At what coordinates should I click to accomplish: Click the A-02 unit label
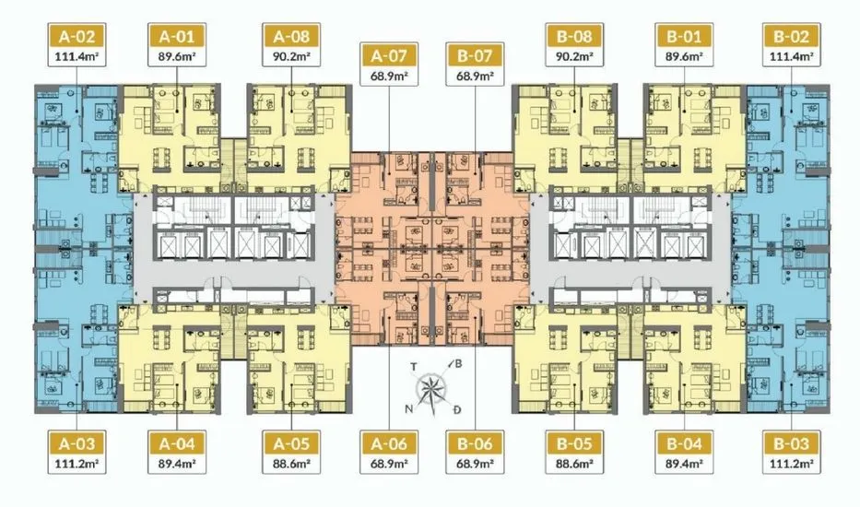77,37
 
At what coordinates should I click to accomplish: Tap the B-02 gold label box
792,37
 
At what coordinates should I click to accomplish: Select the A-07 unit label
389,56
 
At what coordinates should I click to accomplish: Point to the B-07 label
475,56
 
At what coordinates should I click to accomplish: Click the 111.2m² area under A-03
77,464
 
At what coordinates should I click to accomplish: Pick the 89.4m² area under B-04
685,464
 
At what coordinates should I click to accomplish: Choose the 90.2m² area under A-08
291,56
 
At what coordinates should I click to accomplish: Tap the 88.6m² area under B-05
574,464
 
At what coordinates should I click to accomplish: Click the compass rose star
431,388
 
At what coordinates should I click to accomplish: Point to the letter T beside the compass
414,367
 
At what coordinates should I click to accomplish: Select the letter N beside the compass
409,408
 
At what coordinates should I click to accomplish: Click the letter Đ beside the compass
457,409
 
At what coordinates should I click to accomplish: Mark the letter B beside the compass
458,364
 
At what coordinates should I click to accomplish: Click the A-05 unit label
291,443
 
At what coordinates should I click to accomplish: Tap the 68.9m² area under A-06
389,464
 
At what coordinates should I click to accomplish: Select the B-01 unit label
685,37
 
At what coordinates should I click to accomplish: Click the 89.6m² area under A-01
177,56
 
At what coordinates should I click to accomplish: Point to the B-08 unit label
574,37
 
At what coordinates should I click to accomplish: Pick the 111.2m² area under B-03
792,464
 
